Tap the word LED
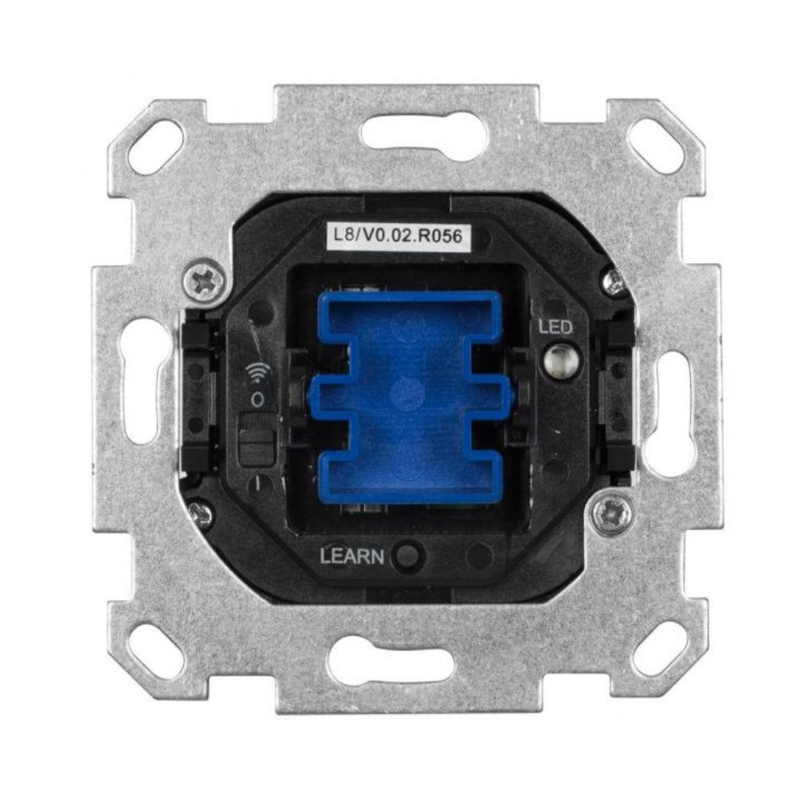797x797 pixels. coord(555,327)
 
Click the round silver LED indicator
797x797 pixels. coord(557,359)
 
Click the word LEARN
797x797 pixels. coord(351,556)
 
